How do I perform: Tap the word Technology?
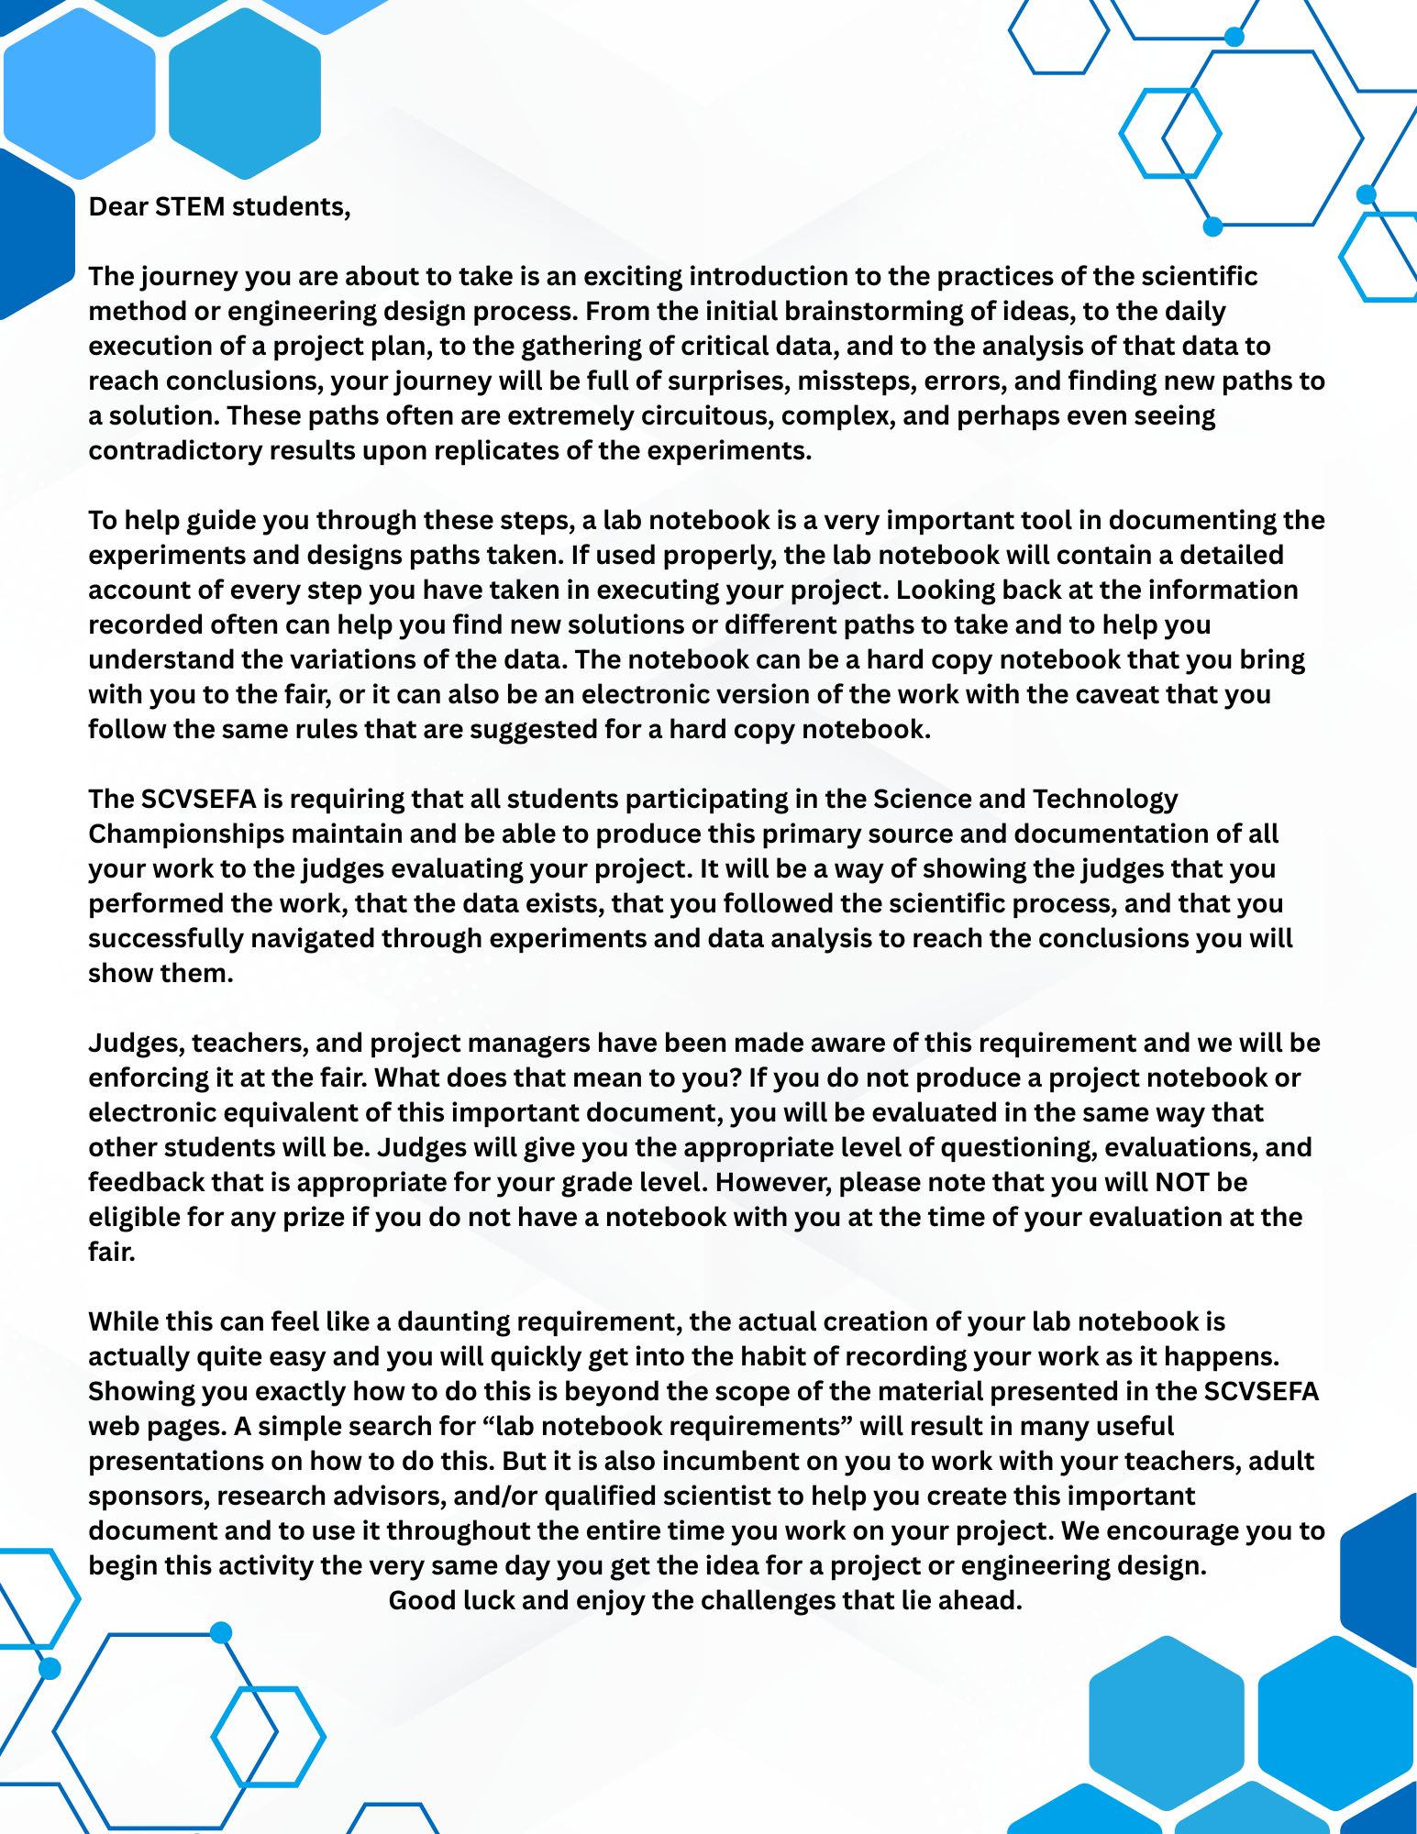click(1105, 800)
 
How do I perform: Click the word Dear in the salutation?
click(117, 207)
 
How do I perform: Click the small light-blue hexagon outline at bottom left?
click(269, 1737)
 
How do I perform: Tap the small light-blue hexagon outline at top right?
click(1169, 133)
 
